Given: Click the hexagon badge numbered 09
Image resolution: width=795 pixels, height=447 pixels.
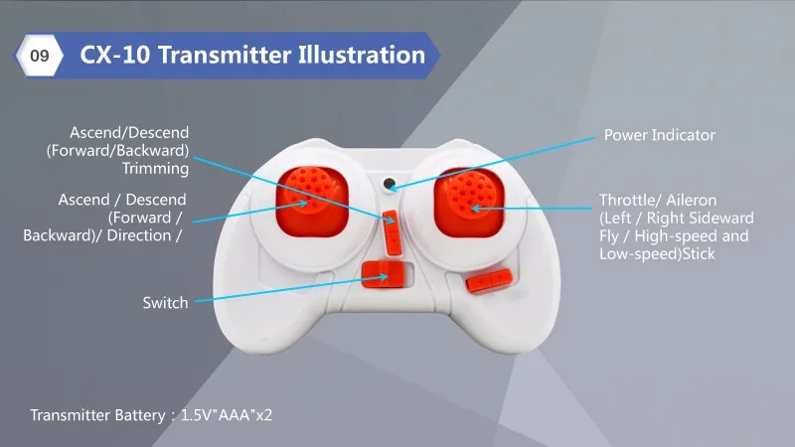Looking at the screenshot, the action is [x=40, y=56].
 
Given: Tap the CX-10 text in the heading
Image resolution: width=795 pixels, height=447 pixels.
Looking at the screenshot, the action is [x=115, y=55].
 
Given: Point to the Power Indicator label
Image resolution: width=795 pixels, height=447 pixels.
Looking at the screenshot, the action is [x=659, y=135].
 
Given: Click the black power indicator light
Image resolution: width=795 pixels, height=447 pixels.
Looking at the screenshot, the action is [x=389, y=184].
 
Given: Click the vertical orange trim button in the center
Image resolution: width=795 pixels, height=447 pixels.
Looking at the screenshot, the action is [x=392, y=233].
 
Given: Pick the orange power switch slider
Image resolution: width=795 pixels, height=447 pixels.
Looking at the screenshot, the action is [x=384, y=275].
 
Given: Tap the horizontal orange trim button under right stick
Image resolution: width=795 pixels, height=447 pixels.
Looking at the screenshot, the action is [x=489, y=280].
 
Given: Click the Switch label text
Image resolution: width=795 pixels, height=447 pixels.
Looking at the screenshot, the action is [x=165, y=303].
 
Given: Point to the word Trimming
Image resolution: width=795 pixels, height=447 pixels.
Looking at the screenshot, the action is [x=155, y=168].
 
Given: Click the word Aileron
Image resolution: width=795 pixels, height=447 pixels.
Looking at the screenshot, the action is [x=691, y=201].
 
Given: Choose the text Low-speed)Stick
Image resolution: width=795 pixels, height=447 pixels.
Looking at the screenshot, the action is [x=657, y=253].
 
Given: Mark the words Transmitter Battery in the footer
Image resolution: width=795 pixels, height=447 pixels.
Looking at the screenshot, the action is [x=97, y=415].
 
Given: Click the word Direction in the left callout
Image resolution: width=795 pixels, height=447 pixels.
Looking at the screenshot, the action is [x=139, y=235].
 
